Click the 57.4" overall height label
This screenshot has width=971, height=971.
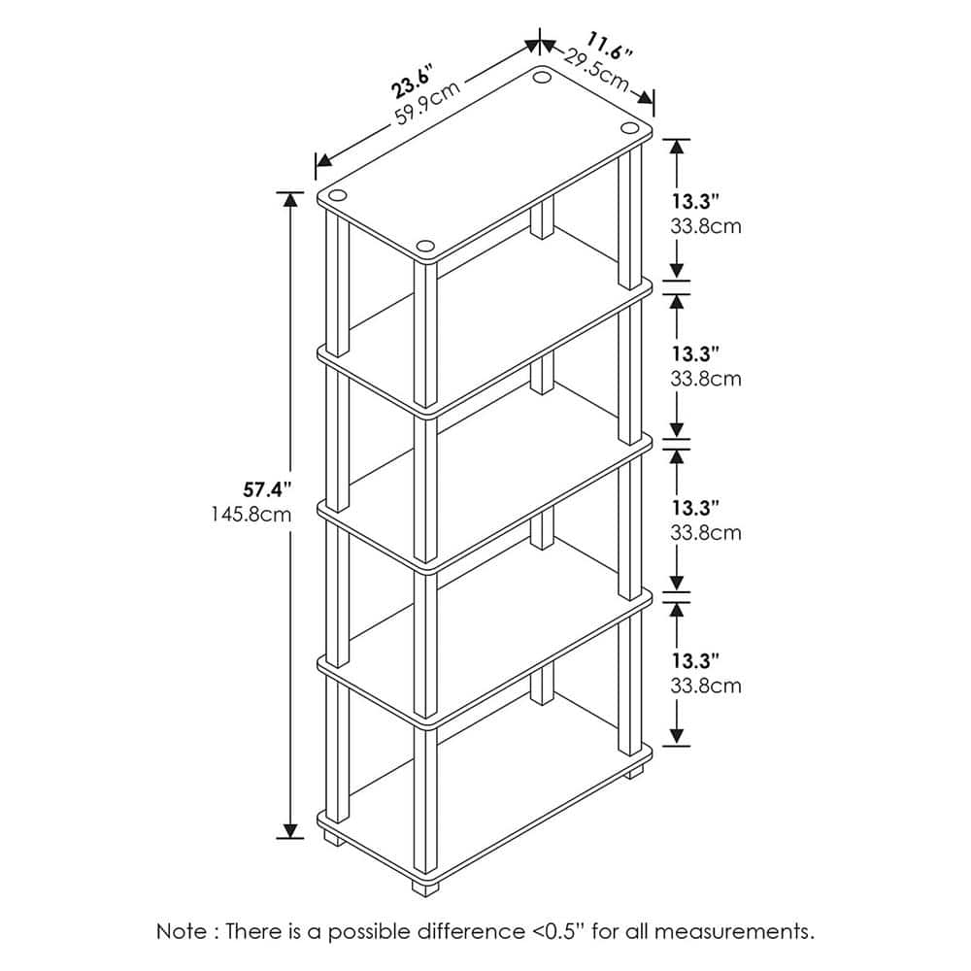point(267,490)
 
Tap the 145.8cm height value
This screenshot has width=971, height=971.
point(251,514)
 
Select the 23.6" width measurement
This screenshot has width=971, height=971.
point(411,81)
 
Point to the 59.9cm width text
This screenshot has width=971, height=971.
point(428,103)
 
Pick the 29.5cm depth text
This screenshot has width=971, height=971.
point(597,69)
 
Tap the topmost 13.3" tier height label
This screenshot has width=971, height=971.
point(696,202)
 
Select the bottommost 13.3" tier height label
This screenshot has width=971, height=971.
point(696,661)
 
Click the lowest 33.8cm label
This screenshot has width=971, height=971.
point(706,686)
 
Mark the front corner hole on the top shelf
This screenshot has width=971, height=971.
point(425,247)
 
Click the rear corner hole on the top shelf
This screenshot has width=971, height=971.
point(543,78)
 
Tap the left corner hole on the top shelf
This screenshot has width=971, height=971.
point(338,196)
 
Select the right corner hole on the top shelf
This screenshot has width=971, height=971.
point(630,127)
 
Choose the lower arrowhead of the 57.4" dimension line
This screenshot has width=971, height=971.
point(289,830)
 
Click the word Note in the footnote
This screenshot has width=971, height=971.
point(183,931)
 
